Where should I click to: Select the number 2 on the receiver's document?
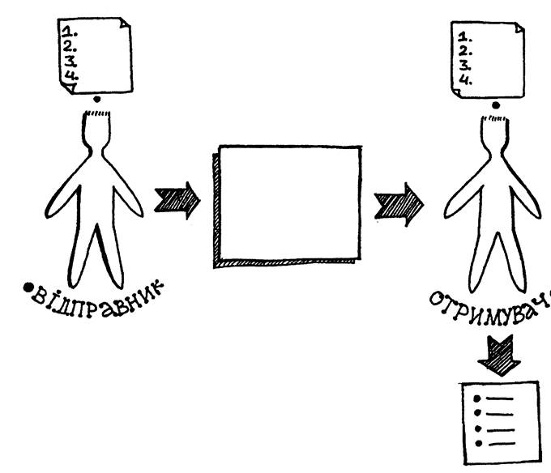coord(464,50)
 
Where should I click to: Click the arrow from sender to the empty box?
coord(177,199)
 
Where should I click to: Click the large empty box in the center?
coord(288,202)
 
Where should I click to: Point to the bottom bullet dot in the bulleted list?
coord(478,443)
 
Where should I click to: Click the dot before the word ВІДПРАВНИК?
coord(27,288)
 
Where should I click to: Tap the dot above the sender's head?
coord(97,100)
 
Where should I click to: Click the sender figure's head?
coord(97,130)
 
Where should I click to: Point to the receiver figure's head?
coord(493,134)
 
